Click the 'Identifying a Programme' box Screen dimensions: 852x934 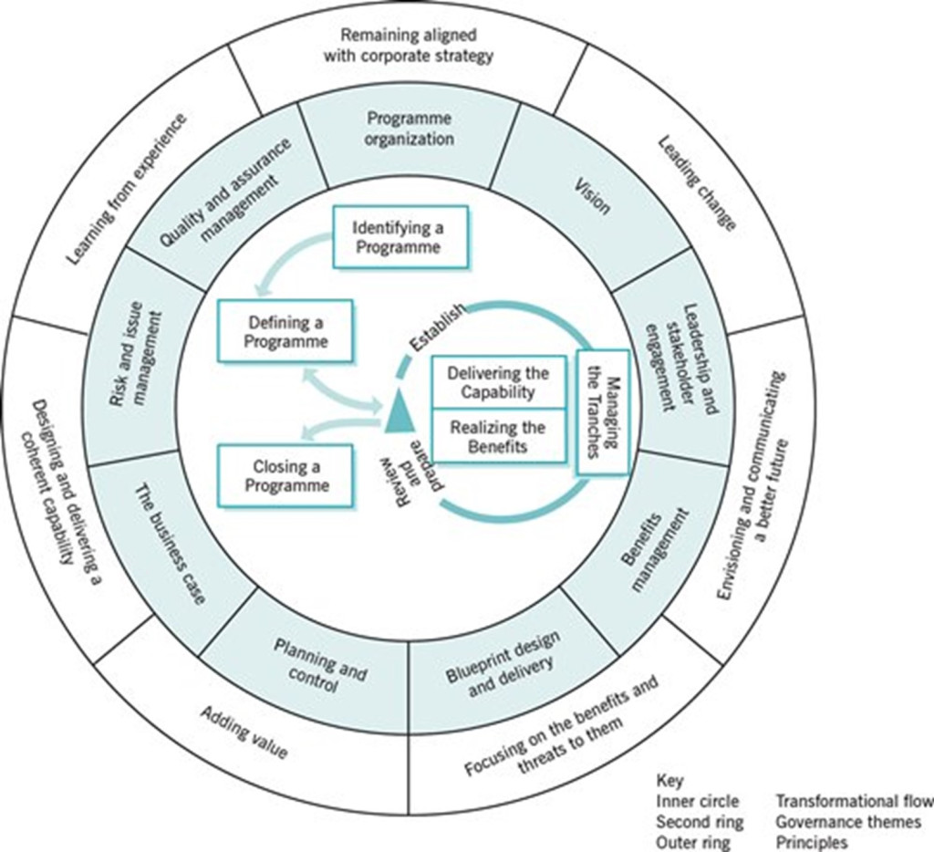tap(400, 236)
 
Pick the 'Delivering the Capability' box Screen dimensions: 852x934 tap(497, 383)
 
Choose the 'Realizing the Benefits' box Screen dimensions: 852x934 tap(497, 437)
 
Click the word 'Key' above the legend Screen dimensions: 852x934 tap(669, 781)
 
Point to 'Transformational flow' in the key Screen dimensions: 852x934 tap(854, 801)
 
